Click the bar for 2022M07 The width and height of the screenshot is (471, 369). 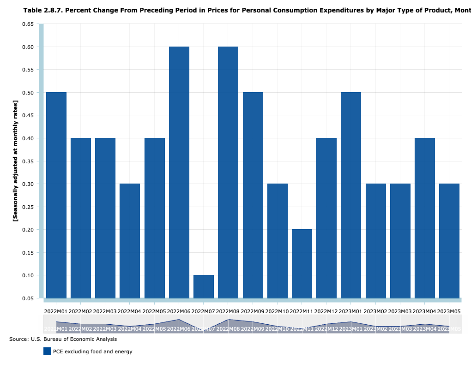coord(204,286)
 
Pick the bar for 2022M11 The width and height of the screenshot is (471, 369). coord(302,263)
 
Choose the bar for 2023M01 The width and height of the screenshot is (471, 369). coord(351,195)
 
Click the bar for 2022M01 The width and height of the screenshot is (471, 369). coord(56,195)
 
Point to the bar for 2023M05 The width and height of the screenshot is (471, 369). coord(449,241)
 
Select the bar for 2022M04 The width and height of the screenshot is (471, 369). coord(130,241)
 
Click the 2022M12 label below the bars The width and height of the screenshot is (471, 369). coord(326,312)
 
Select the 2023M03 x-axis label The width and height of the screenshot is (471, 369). coord(400,312)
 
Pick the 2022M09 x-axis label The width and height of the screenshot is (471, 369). coord(253,312)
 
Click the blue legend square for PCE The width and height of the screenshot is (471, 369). coord(47,351)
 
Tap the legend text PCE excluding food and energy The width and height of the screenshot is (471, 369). coord(92,351)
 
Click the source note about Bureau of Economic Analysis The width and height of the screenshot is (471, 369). coord(63,339)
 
